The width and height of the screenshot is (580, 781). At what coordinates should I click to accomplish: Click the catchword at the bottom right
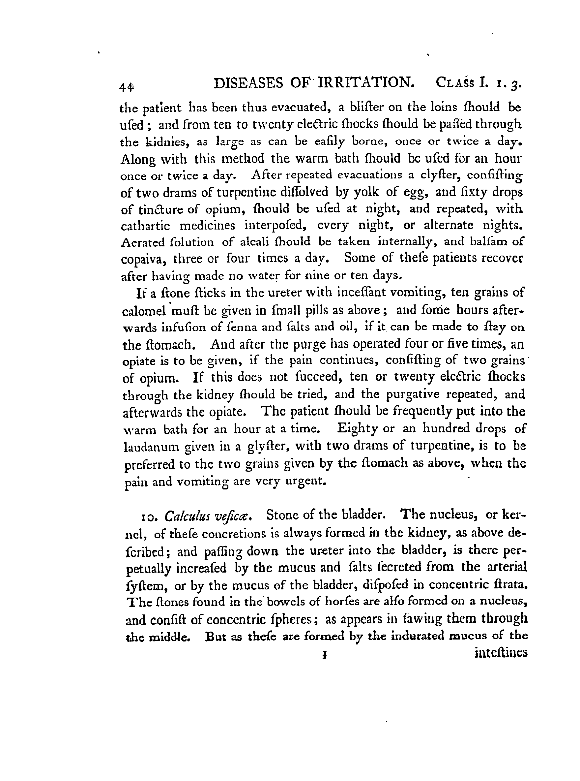pos(501,653)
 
